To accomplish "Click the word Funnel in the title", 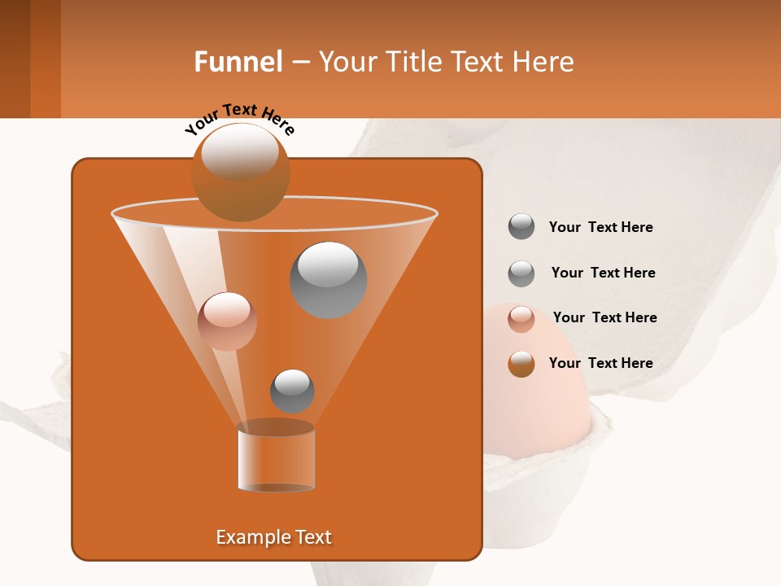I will click(238, 62).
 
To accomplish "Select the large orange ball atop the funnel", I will click(240, 173).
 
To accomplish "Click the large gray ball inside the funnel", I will click(328, 279).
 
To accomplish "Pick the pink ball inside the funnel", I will click(227, 321).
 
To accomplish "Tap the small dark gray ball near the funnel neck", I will click(292, 391).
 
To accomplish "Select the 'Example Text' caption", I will click(273, 537).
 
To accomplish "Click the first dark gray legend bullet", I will click(521, 227).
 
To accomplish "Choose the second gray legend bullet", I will click(521, 273).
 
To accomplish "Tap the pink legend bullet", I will click(521, 319).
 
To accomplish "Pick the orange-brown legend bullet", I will click(521, 364).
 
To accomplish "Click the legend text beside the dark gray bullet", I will click(600, 228).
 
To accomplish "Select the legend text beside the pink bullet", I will click(604, 317).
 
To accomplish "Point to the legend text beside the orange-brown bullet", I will click(600, 363).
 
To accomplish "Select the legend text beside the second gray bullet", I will click(603, 273).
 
